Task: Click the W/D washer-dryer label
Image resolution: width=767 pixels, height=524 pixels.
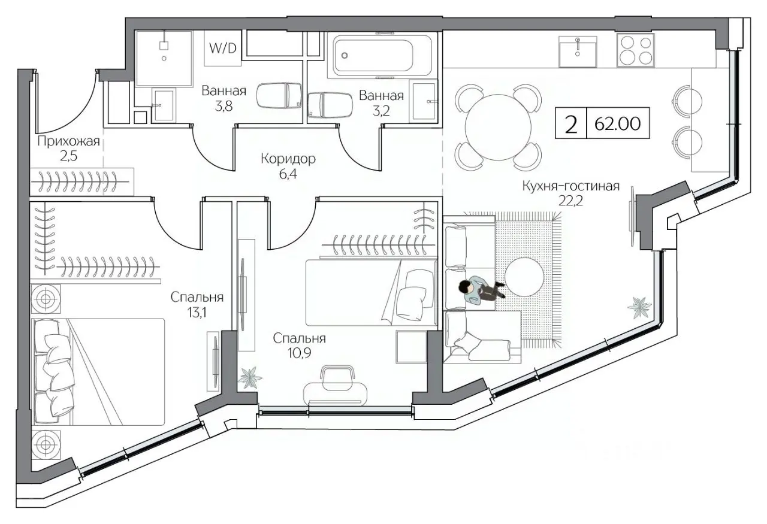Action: tap(223, 49)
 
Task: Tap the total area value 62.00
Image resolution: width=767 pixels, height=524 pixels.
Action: tap(617, 123)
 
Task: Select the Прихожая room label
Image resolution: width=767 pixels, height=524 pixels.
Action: tap(68, 141)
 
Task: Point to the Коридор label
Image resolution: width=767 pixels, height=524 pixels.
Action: tap(288, 159)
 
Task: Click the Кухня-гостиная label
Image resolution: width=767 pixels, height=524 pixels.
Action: tap(571, 186)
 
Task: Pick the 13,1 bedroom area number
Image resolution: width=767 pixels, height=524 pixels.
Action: tap(197, 313)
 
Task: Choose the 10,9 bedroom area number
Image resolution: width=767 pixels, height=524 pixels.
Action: tap(299, 353)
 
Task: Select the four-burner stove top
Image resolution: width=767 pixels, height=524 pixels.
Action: tap(636, 50)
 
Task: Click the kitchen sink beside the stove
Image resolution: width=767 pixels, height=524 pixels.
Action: tap(578, 52)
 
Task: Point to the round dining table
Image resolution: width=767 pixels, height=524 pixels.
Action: tap(498, 128)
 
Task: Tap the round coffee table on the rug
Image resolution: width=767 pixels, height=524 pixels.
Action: tap(524, 277)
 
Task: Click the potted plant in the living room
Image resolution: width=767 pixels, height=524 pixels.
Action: tap(639, 307)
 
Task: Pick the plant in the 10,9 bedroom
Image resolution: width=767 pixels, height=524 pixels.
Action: tap(250, 377)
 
